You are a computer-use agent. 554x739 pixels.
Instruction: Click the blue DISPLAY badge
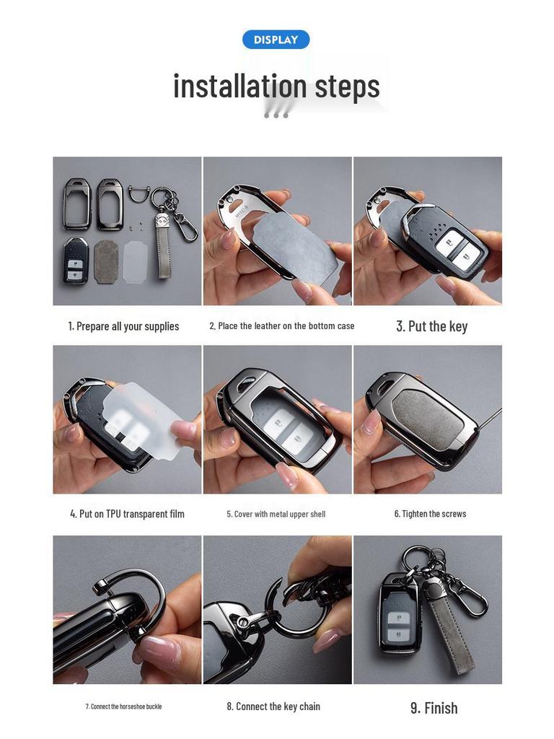pos(276,40)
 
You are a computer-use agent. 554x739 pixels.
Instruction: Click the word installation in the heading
pos(231,86)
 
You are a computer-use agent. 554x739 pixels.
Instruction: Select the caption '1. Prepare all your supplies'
pos(123,326)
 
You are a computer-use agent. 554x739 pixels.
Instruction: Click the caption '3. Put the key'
pos(431,326)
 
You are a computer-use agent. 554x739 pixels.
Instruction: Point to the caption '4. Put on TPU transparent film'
pos(127,514)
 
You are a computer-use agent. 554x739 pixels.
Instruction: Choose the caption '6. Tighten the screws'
pos(430,514)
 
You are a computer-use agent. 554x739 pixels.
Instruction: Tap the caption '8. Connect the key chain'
pos(273,707)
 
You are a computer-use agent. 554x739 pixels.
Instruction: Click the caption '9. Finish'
pos(434,708)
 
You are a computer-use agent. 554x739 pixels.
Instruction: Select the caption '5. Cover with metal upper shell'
pos(276,514)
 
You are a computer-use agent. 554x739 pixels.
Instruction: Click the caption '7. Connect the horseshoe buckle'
pos(123,707)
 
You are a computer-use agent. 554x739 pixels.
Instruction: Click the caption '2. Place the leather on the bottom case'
pos(282,326)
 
